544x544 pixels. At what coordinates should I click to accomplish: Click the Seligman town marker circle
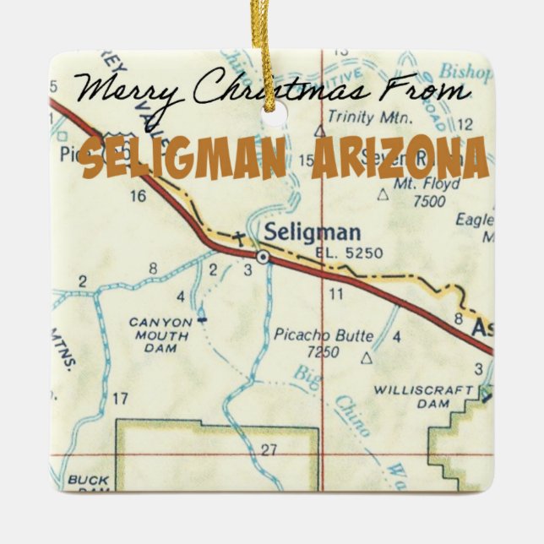coord(264,255)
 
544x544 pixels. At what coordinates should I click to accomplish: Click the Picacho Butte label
coord(324,335)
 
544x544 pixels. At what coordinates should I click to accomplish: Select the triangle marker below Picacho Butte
coord(366,358)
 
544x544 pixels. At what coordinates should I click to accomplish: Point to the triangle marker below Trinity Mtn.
coord(319,132)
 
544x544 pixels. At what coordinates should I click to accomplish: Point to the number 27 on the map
coord(269,450)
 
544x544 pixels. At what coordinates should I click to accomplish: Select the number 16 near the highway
coord(139,197)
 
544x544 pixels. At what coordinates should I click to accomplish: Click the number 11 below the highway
coord(336,294)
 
